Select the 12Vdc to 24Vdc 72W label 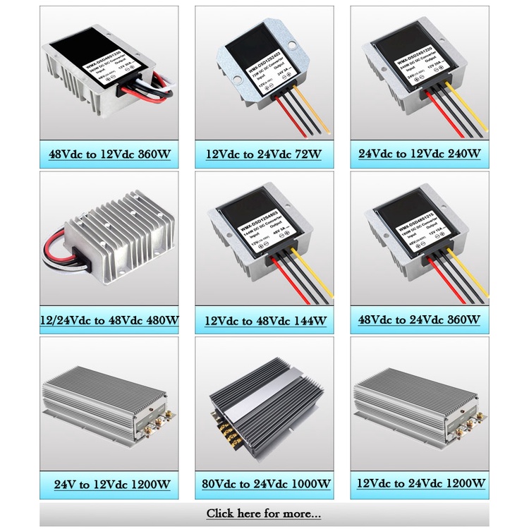click(x=263, y=152)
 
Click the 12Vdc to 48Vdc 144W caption click(x=263, y=321)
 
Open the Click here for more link click(x=263, y=513)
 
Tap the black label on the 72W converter click(x=261, y=56)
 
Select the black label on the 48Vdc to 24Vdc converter click(x=416, y=226)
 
